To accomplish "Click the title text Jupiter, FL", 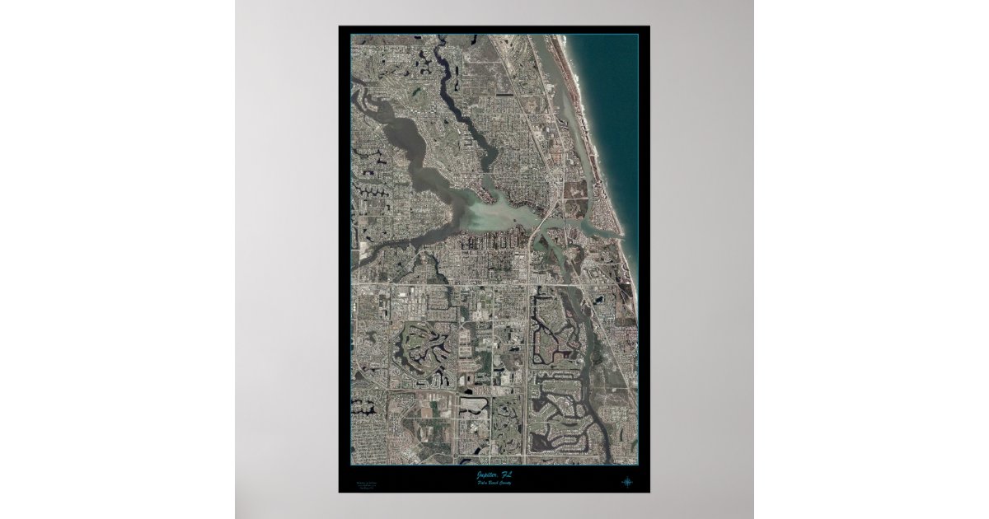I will [494, 475].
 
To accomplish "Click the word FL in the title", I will [505, 475].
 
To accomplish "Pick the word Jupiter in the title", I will [487, 475].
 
